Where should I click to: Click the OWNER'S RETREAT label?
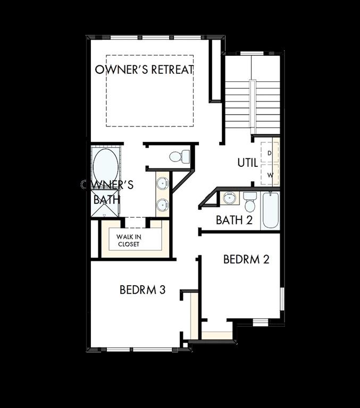pyautogui.click(x=144, y=70)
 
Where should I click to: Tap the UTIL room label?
pyautogui.click(x=248, y=163)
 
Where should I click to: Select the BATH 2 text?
pyautogui.click(x=234, y=220)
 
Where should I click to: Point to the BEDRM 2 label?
pyautogui.click(x=246, y=259)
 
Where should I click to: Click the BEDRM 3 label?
pyautogui.click(x=143, y=290)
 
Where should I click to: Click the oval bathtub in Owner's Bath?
pyautogui.click(x=105, y=166)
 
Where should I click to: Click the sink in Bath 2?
pyautogui.click(x=230, y=198)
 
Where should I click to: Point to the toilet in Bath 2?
pyautogui.click(x=250, y=202)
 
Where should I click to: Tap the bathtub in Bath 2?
pyautogui.click(x=270, y=210)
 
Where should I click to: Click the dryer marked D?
pyautogui.click(x=270, y=153)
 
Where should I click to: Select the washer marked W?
pyautogui.click(x=270, y=174)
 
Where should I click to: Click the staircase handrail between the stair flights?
pyautogui.click(x=253, y=106)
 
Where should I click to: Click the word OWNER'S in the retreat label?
pyautogui.click(x=114, y=70)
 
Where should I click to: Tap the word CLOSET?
pyautogui.click(x=129, y=244)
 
